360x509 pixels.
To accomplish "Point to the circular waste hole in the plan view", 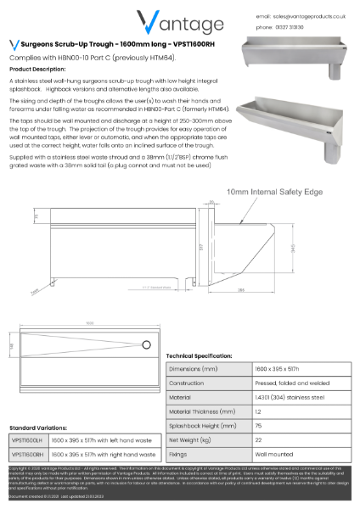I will pyautogui.click(x=146, y=344).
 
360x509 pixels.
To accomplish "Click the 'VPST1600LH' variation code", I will pyautogui.click(x=25, y=442).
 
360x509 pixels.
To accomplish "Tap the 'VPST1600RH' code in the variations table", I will pyautogui.click(x=25, y=455).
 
